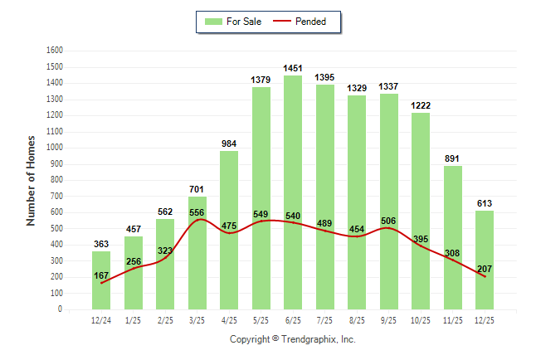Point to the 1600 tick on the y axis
tap(54, 51)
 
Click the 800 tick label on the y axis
tap(56, 180)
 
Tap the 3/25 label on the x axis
tap(197, 320)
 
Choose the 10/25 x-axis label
tap(420, 320)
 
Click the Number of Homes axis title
tap(31, 180)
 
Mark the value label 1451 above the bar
tap(292, 68)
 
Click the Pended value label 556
tap(197, 212)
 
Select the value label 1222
tap(420, 105)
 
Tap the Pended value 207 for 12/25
tap(484, 269)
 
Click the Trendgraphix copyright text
tap(292, 339)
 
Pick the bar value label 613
tap(484, 203)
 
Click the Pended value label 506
tap(388, 221)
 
